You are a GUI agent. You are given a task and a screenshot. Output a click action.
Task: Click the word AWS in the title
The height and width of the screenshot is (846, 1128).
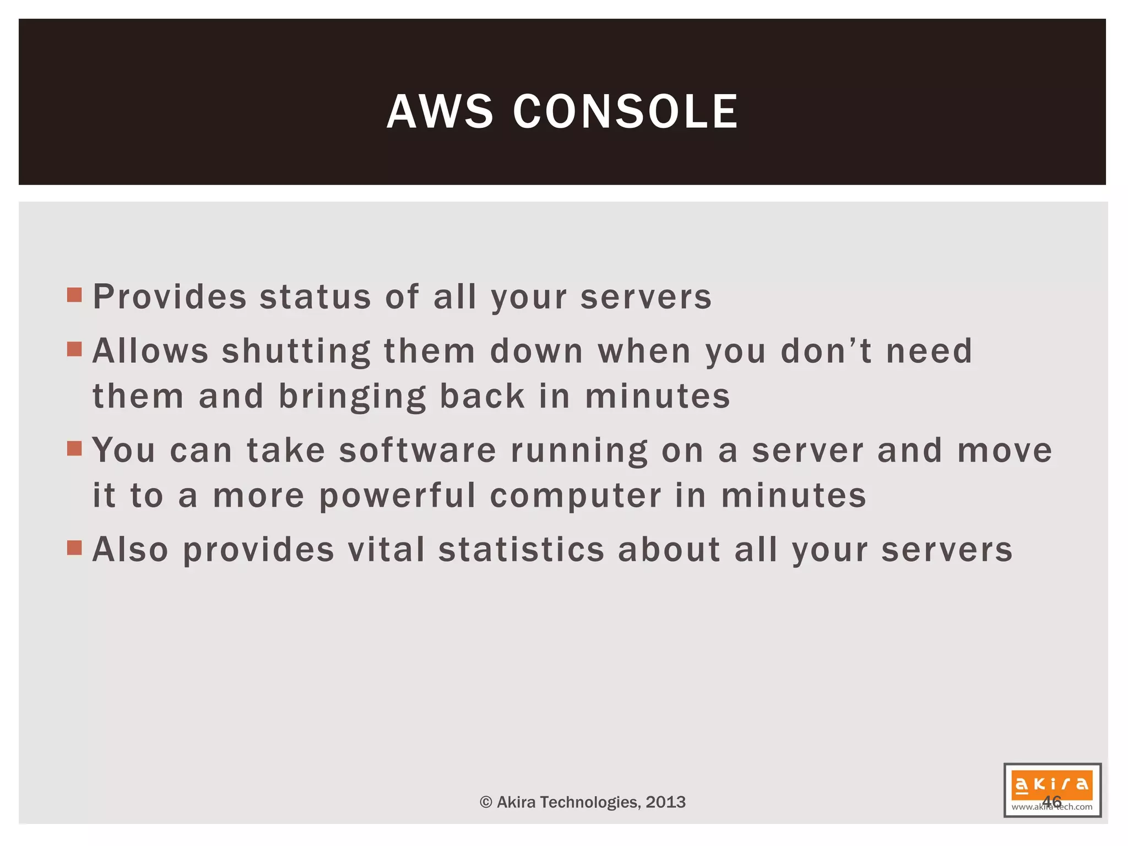point(440,112)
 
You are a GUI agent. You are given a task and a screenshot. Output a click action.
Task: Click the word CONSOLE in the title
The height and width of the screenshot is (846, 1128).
point(626,112)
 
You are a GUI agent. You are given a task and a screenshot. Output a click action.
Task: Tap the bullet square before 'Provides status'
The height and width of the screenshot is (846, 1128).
point(74,295)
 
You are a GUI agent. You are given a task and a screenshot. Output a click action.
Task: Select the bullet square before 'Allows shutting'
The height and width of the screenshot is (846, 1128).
point(74,349)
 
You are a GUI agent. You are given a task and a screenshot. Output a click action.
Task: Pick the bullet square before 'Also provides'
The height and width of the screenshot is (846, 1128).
point(74,547)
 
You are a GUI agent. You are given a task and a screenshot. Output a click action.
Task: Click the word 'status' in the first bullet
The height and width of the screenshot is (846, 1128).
point(316,297)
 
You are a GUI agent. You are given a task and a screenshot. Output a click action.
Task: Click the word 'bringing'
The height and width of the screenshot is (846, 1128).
point(352,397)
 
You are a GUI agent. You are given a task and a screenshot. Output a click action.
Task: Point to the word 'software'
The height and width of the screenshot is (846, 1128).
point(417,450)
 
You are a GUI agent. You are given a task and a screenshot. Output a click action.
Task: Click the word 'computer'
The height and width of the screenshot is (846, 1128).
point(576,496)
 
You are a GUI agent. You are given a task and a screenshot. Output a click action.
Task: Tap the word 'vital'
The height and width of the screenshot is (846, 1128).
point(386,550)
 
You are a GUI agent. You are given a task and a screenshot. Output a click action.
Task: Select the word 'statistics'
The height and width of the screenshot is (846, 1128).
point(522,550)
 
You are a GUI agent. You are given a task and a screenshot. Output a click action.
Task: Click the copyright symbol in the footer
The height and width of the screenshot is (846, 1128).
point(486,802)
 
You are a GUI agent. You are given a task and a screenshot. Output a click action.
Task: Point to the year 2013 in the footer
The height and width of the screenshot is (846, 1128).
point(665,802)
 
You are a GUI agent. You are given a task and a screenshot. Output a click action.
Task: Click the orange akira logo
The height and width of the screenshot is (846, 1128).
point(1051,784)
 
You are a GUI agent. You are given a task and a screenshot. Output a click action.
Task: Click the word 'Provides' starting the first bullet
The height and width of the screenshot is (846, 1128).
point(170,297)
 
